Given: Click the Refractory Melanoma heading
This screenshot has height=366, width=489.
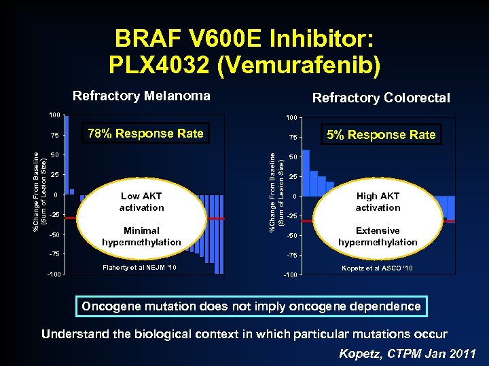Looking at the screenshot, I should (x=141, y=96).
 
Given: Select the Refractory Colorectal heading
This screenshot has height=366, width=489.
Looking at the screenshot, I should (x=380, y=98).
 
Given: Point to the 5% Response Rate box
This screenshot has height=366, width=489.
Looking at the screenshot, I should (x=381, y=134).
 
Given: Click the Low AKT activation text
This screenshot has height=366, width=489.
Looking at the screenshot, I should (x=141, y=202).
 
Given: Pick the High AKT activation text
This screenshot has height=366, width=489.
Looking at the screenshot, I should (x=378, y=202).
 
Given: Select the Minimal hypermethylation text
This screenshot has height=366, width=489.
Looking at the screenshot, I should (x=141, y=236).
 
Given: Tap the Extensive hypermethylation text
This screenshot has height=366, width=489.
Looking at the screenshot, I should (x=378, y=236).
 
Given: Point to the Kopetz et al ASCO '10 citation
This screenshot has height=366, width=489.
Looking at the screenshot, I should (x=378, y=268).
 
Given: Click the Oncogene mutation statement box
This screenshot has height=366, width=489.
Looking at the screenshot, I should (x=251, y=306).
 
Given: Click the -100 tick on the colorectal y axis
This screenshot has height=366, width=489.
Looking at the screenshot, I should (x=291, y=274).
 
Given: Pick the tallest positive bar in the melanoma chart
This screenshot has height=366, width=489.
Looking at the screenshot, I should (x=67, y=155).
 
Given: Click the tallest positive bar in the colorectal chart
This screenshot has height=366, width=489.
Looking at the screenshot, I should (x=306, y=173).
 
